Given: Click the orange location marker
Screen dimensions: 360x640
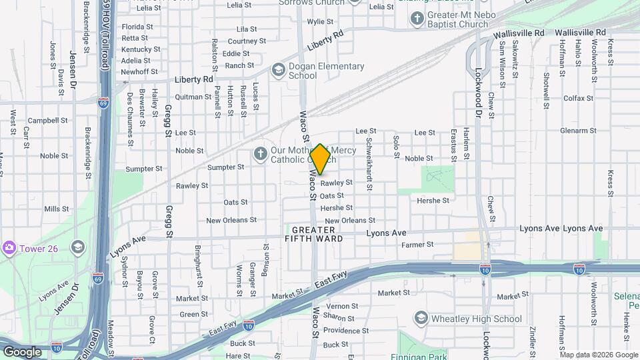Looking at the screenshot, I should tap(321, 159).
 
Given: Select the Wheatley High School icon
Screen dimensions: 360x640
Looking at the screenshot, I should tap(421, 318).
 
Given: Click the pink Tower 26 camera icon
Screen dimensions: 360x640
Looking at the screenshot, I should tap(9, 248).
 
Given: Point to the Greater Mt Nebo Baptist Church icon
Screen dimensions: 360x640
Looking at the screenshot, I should tap(417, 18).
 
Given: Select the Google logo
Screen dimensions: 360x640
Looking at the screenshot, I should tap(22, 351).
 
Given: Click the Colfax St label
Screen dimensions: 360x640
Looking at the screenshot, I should tap(577, 98).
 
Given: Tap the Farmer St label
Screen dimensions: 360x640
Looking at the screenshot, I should tap(417, 245).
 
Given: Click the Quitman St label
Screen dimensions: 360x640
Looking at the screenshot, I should tap(193, 97).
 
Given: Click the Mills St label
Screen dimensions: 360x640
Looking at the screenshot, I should tap(56, 209).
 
